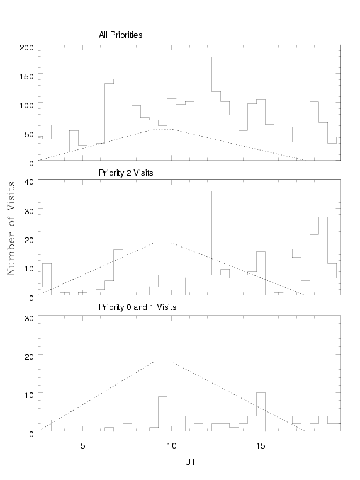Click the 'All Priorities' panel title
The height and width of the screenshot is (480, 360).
pos(120,35)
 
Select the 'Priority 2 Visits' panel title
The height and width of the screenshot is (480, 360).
pos(126,173)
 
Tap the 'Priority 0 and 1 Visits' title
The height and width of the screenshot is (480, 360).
pos(137,307)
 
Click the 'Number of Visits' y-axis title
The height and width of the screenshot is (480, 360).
pos(11,228)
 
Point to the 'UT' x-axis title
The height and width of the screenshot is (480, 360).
pos(190,462)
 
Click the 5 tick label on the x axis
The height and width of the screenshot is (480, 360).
pos(83,446)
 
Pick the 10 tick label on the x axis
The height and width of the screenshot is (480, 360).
pos(172,446)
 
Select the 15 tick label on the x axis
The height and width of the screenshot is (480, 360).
pos(261,446)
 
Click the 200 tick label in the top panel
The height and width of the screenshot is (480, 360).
pos(26,47)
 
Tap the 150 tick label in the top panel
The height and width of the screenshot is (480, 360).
pos(26,76)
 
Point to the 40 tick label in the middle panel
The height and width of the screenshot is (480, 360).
pos(29,181)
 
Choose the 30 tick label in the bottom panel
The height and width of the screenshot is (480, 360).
pos(29,318)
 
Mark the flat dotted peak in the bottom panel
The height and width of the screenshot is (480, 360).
pos(163,362)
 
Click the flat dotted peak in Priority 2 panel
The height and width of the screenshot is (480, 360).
pos(163,243)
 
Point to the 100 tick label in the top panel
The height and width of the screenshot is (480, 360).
pos(26,105)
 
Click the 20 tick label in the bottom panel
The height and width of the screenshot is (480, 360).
pos(29,357)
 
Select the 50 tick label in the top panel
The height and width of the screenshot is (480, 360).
pos(29,134)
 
